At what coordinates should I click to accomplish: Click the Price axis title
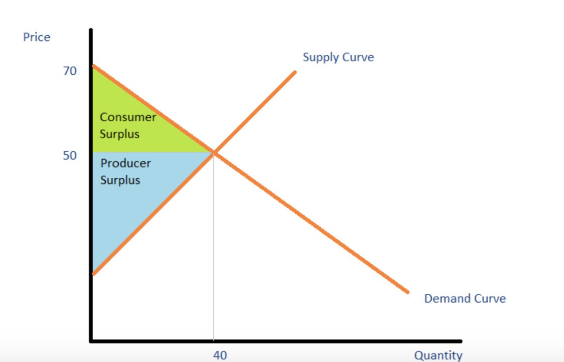pyautogui.click(x=37, y=37)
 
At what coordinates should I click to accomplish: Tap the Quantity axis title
pyautogui.click(x=438, y=355)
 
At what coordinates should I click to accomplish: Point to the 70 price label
pyautogui.click(x=70, y=71)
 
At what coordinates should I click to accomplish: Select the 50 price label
pyautogui.click(x=70, y=156)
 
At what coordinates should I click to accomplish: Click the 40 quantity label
pyautogui.click(x=220, y=355)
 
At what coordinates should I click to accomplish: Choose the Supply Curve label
pyautogui.click(x=338, y=57)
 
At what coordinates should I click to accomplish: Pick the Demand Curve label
pyautogui.click(x=465, y=299)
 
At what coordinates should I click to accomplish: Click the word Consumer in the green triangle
pyautogui.click(x=128, y=117)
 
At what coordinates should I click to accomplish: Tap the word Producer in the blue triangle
pyautogui.click(x=126, y=163)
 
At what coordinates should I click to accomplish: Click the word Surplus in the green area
pyautogui.click(x=120, y=134)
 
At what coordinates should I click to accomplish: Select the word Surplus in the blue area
pyautogui.click(x=120, y=180)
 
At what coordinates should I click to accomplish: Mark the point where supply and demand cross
pyautogui.click(x=214, y=153)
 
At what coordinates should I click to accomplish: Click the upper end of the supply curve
pyautogui.click(x=294, y=72)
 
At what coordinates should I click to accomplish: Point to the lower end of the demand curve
pyautogui.click(x=407, y=292)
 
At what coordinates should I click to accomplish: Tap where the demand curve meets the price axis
pyautogui.click(x=92, y=66)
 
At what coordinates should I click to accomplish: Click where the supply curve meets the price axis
pyautogui.click(x=92, y=273)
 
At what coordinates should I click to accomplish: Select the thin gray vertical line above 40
pyautogui.click(x=214, y=249)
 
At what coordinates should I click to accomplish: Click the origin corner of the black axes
pyautogui.click(x=91, y=340)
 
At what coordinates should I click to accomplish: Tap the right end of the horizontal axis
pyautogui.click(x=461, y=341)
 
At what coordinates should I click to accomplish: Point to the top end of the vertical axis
pyautogui.click(x=91, y=30)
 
